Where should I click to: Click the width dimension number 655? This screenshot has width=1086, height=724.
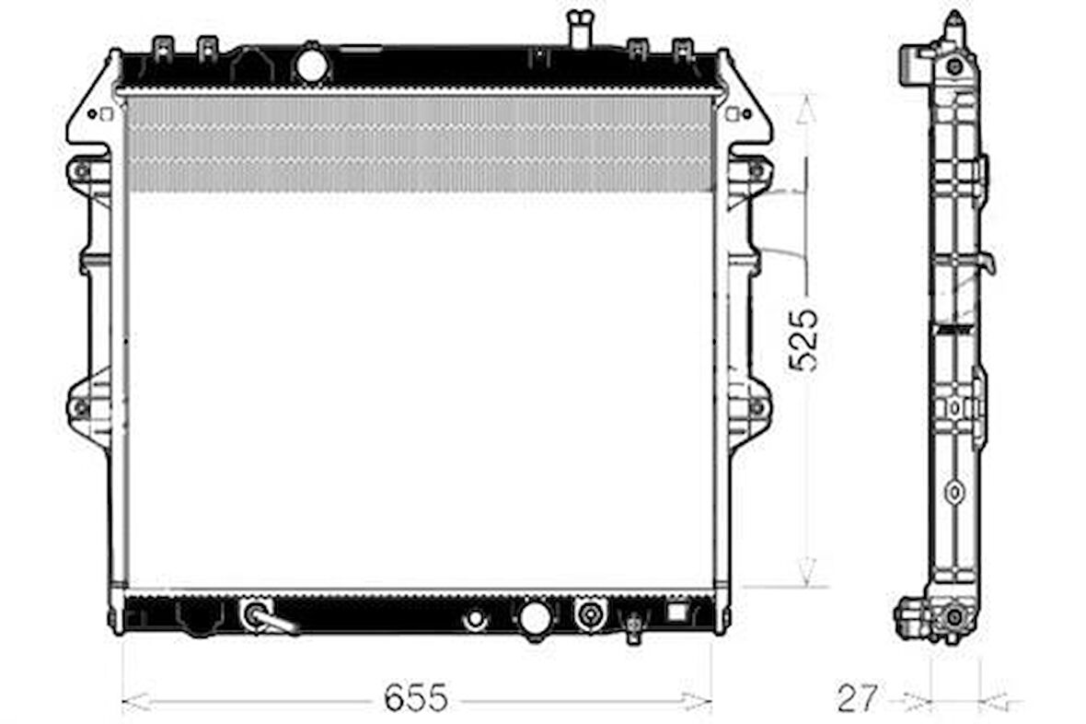point(416,697)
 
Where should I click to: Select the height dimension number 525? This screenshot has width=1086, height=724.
point(804,341)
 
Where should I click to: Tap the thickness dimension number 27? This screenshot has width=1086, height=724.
point(858,697)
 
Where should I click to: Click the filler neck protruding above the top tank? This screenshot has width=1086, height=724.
point(580,28)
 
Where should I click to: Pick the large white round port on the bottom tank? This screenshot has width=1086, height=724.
point(536,617)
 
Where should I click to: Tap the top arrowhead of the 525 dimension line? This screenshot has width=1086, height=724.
point(804,109)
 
